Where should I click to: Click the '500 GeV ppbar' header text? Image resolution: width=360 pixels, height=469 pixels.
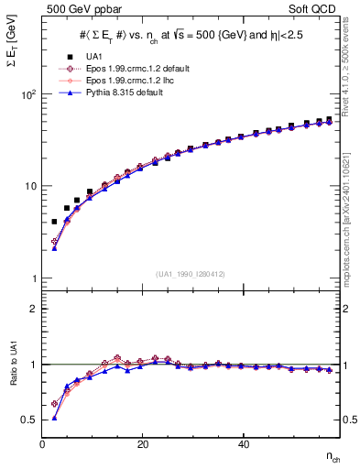point(81,8)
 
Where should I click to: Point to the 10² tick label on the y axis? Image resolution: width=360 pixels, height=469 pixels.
point(30,94)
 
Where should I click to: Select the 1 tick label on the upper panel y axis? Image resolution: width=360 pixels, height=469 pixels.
point(35,278)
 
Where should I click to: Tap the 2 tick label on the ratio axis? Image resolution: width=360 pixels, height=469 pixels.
point(34,309)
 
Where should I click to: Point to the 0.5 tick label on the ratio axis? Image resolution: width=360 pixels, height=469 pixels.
point(30,420)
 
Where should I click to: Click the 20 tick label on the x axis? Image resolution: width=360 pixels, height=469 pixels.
point(143,444)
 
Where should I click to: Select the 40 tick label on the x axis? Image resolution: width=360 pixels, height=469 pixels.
point(243,444)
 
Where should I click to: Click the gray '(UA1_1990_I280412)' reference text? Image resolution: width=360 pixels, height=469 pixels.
point(191,274)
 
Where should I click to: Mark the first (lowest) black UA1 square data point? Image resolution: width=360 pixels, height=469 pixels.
point(54,222)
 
